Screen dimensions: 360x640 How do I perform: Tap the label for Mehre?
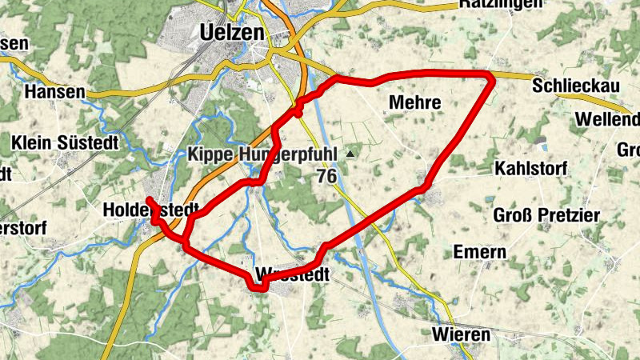tap(414, 102)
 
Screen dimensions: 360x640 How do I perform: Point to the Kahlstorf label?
tap(530, 169)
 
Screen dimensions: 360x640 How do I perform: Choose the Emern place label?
tap(479, 252)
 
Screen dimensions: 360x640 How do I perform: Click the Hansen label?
tap(54, 92)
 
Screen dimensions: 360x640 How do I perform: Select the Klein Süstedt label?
tap(65, 142)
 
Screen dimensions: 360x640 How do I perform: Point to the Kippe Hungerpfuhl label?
tap(264, 154)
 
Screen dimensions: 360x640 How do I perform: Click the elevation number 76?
tap(326, 175)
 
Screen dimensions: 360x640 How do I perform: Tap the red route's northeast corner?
tap(490, 74)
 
